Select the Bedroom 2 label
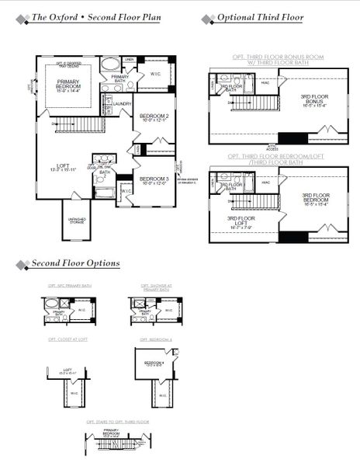pyautogui.click(x=153, y=117)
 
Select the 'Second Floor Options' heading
pyautogui.click(x=75, y=263)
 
